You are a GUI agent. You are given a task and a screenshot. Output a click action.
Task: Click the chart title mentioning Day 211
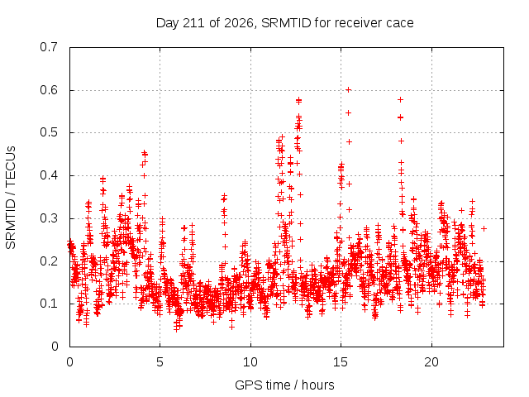(x=284, y=23)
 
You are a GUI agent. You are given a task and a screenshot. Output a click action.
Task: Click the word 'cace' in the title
(x=400, y=23)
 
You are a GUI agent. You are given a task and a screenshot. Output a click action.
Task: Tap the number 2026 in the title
(x=239, y=23)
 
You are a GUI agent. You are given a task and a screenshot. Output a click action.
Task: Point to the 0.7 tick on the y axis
(x=49, y=47)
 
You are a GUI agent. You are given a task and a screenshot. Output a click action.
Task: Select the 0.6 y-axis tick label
(x=49, y=90)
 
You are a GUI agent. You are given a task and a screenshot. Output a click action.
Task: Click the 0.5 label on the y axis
(x=49, y=132)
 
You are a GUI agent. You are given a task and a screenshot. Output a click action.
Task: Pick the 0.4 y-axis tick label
(x=49, y=175)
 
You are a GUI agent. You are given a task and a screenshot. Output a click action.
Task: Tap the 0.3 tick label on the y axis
(x=49, y=218)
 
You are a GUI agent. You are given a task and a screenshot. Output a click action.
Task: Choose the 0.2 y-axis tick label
(x=49, y=261)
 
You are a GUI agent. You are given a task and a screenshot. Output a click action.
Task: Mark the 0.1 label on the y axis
(x=49, y=304)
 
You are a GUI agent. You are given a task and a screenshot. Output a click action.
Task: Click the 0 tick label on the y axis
(x=55, y=347)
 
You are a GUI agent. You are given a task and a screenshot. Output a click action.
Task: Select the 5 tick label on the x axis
(x=160, y=362)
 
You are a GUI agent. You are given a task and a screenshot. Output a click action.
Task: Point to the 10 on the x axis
(x=250, y=362)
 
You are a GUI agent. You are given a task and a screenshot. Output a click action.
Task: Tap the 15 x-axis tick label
(x=341, y=362)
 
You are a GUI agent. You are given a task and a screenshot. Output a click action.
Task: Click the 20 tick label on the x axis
(x=431, y=362)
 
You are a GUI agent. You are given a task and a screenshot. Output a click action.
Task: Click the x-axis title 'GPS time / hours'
(x=284, y=385)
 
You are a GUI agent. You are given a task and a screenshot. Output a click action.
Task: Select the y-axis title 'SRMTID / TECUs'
(x=11, y=198)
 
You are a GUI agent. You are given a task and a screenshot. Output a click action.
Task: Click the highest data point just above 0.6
(x=349, y=90)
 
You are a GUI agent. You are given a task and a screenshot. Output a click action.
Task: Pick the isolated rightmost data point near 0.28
(x=484, y=228)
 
